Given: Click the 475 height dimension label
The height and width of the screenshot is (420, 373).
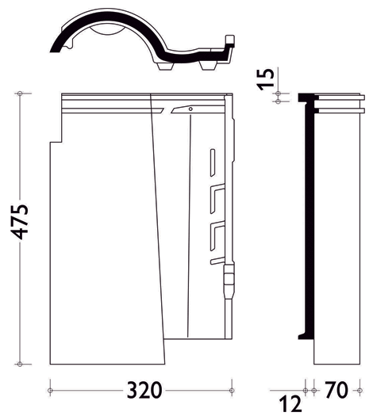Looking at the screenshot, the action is point(20,222).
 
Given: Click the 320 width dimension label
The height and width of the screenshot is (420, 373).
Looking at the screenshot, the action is point(144,390).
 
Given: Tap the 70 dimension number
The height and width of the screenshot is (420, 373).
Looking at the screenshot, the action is point(336,390).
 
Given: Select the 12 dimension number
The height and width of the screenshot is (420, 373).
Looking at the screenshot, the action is point(290,404).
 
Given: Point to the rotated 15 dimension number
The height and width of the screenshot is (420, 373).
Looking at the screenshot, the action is point(266,79).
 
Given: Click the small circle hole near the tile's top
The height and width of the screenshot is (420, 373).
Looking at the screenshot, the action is point(190,109).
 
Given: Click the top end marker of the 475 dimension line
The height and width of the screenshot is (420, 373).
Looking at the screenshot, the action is point(20,94).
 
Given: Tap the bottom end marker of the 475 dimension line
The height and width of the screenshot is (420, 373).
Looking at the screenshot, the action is point(20,364).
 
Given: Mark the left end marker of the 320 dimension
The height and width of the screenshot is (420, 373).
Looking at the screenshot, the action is point(50,390).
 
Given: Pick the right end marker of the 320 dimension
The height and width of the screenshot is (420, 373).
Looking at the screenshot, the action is point(232,390).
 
